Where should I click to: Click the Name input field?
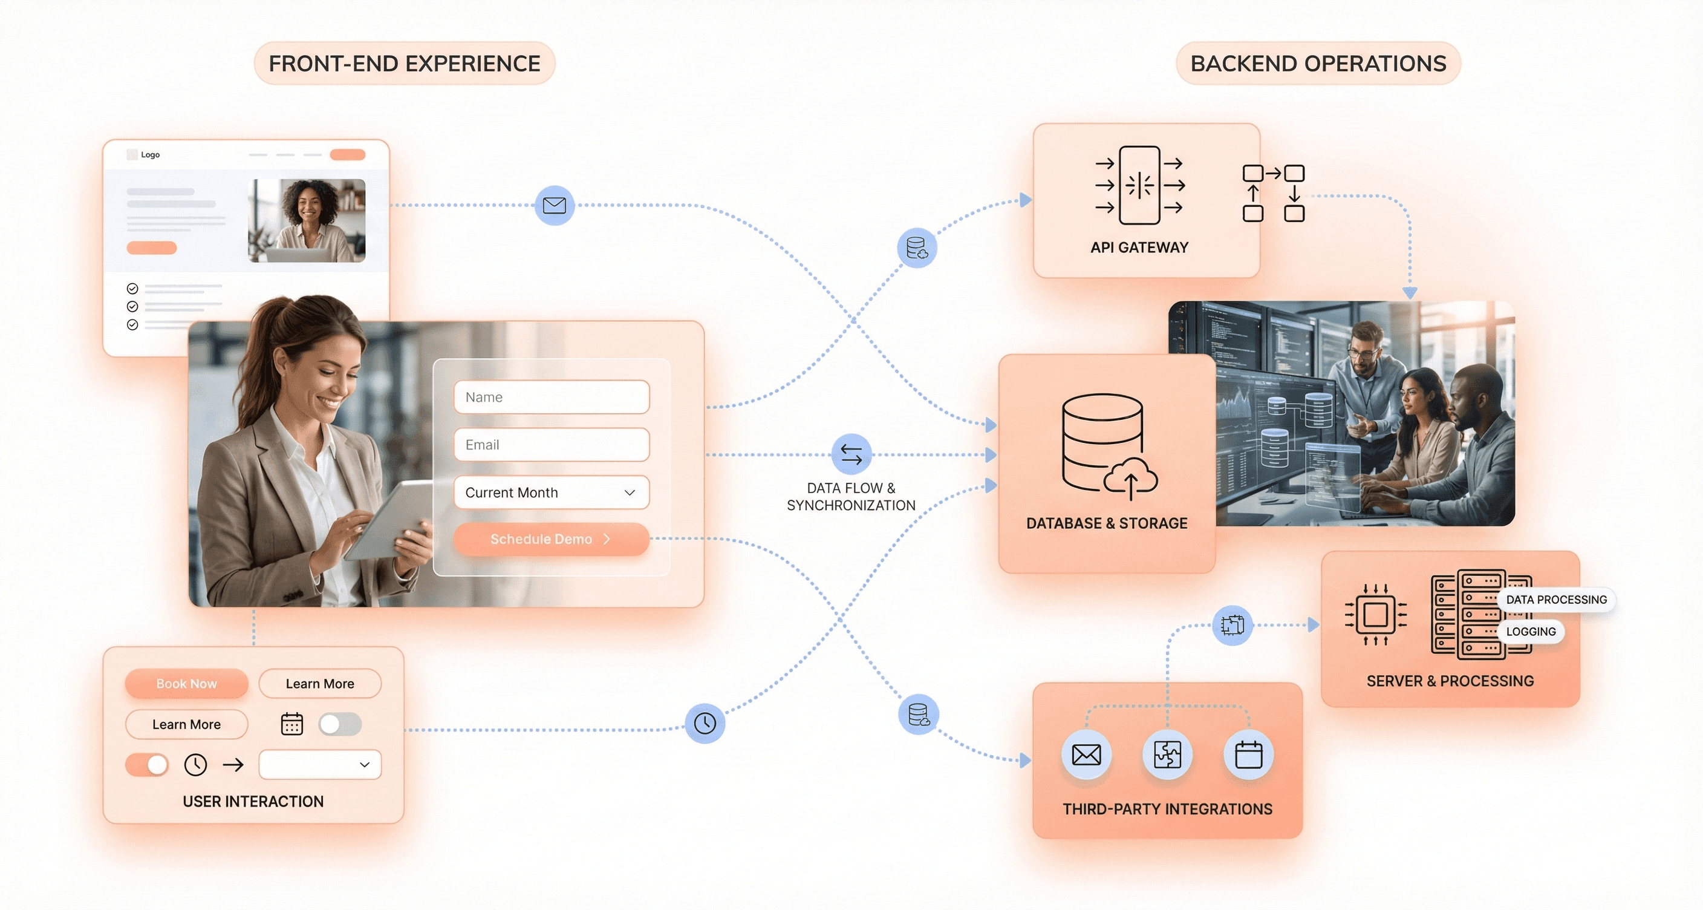552,397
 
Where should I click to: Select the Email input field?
552,445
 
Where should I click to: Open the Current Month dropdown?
552,492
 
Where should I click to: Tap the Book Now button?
186,683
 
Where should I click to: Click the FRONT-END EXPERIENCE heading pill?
405,64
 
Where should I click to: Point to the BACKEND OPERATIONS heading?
1318,64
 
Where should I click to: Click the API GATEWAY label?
1139,247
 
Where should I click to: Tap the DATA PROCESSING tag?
1556,599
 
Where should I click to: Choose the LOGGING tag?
1531,632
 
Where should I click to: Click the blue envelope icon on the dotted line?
554,205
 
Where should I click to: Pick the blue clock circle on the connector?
705,723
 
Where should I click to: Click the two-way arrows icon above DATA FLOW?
851,454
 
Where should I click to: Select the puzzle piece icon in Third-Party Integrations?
1167,755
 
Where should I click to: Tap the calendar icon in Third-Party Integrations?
1248,755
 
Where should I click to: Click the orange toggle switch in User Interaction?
147,765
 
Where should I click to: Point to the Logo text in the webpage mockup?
150,155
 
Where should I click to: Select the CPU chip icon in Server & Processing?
1375,614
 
